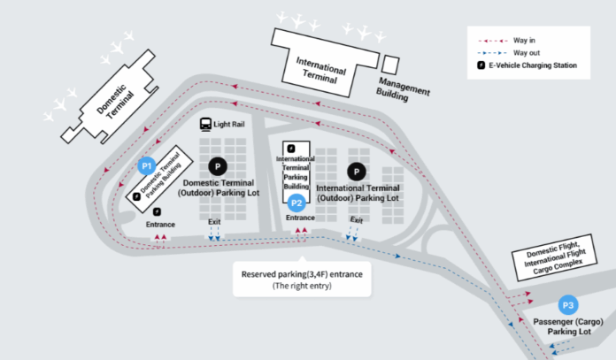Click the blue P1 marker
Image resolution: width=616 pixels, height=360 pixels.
[147, 166]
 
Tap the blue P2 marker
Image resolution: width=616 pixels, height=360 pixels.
[296, 203]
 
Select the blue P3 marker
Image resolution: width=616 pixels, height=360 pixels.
[568, 305]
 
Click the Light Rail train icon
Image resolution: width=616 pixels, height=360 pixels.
[205, 125]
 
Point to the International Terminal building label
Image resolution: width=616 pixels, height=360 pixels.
[321, 70]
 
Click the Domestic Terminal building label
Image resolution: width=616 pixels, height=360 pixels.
[115, 102]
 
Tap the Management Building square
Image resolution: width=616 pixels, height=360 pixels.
[390, 65]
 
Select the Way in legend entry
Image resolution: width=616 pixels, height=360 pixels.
[506, 41]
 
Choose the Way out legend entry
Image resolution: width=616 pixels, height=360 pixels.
[509, 53]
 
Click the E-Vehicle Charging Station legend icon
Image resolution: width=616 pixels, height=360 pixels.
[481, 65]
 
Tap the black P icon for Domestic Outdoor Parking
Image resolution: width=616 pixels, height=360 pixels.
[218, 166]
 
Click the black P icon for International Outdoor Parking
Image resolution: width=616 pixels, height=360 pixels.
[357, 172]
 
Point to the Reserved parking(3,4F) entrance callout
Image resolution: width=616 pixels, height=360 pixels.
[302, 280]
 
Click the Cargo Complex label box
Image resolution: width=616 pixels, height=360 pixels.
[555, 257]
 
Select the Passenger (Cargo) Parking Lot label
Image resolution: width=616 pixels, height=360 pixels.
[568, 326]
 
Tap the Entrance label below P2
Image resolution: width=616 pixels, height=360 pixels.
[300, 218]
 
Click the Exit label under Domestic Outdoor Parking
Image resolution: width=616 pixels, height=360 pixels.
[214, 222]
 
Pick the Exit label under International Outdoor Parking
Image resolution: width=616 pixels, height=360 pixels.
[357, 220]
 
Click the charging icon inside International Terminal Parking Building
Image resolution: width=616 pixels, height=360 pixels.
[291, 149]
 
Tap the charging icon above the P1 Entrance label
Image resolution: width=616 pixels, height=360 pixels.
[157, 212]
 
